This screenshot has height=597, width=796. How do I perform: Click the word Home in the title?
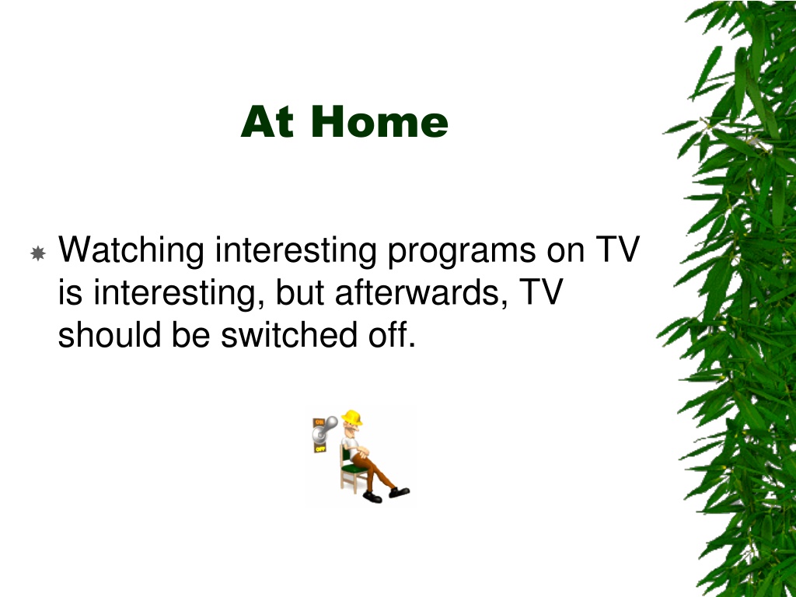click(x=384, y=121)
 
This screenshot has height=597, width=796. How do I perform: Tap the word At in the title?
click(x=267, y=121)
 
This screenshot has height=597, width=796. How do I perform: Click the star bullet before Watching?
click(x=38, y=253)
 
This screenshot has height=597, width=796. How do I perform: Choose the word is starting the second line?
click(x=70, y=293)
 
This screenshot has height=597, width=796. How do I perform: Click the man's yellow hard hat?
click(x=352, y=417)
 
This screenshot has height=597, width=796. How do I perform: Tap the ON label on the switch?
click(x=319, y=422)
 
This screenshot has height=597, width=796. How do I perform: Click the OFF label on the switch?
click(x=319, y=449)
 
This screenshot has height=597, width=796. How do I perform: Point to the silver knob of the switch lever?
click(x=331, y=421)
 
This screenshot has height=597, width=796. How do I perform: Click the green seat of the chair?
click(x=356, y=469)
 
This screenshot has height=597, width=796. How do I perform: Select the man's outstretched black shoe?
click(x=400, y=492)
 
